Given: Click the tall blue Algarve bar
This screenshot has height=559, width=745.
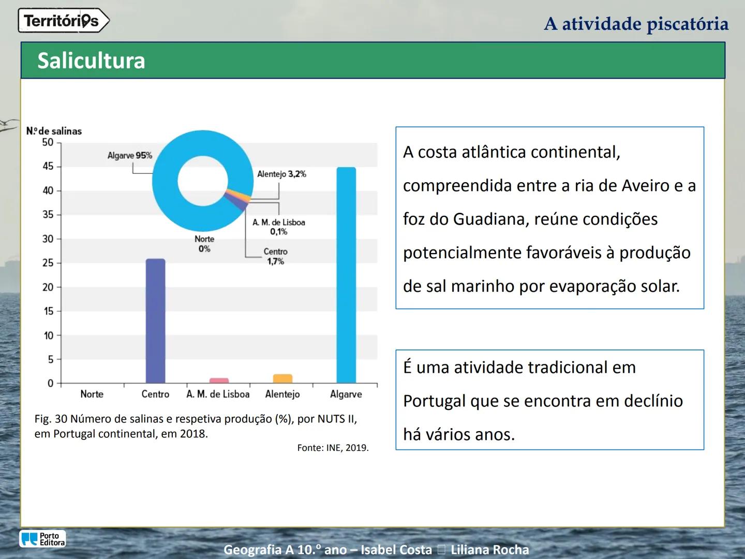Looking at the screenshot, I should coord(346,274).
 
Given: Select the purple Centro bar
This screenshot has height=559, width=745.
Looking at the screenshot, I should coord(155,321).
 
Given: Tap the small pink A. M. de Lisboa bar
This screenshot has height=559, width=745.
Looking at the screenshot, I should coord(219,380).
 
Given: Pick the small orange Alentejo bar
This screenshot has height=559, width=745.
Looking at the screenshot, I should coord(282,378).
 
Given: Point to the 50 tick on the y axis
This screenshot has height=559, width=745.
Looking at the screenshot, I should coord(48,142).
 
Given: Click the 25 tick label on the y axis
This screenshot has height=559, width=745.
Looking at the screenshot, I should coord(48,263).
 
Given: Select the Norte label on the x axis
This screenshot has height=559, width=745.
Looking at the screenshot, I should coord(92,394).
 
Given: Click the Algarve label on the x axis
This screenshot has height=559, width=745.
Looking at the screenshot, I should coord(346,394).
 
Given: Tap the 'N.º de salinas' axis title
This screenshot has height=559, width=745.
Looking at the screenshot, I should coord(54,131).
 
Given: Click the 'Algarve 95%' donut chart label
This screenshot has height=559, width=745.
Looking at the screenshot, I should coord(129,155).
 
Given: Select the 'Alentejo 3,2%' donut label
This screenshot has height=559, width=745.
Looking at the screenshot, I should coord(281,174).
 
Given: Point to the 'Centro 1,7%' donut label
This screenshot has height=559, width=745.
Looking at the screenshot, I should coord(275,256).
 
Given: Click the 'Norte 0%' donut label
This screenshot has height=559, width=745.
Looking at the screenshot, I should coord(204,244).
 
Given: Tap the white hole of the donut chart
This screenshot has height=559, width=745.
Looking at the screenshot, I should coord(203,181).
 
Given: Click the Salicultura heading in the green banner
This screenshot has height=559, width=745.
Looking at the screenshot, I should coord(91,61).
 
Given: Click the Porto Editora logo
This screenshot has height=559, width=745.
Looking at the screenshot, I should coord(43,539).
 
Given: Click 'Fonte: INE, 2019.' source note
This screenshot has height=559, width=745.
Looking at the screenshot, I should coord(333,448).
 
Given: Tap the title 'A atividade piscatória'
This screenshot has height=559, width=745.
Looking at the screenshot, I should coord(636,24).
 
